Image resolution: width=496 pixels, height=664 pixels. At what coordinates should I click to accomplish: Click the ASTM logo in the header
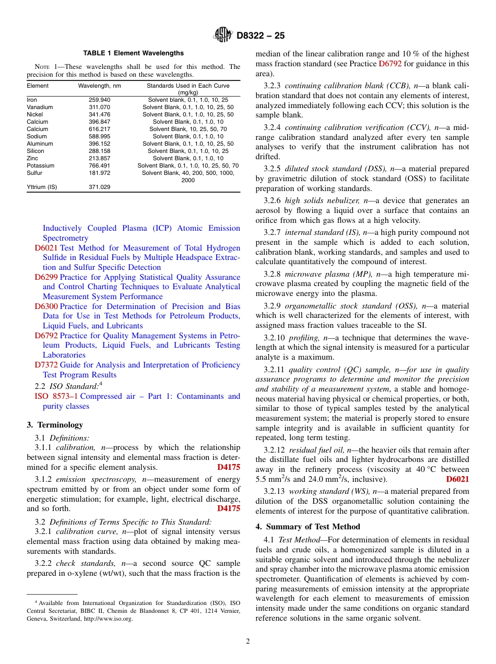click(x=223, y=35)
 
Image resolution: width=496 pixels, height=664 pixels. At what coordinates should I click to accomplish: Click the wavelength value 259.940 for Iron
click(x=99, y=100)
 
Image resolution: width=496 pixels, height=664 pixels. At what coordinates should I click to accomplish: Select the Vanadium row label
click(x=39, y=107)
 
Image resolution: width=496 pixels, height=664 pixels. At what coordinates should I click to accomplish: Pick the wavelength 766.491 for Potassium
click(x=99, y=165)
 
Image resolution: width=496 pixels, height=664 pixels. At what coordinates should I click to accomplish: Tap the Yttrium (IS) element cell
click(x=42, y=186)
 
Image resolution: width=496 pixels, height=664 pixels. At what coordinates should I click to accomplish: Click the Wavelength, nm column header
click(x=99, y=86)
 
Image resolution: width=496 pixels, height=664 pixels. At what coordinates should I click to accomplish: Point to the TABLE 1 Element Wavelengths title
click(x=134, y=53)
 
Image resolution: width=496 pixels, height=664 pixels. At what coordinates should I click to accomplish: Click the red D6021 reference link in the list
click(x=46, y=248)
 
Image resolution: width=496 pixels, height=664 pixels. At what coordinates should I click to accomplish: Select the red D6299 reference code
click(x=46, y=277)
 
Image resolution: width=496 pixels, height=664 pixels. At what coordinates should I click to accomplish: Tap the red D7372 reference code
click(x=46, y=365)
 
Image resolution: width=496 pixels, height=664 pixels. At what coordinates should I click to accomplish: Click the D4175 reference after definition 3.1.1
click(x=229, y=467)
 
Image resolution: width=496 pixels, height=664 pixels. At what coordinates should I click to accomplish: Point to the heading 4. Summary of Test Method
click(x=308, y=527)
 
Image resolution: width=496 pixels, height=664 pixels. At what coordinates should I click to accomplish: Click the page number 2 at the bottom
click(x=248, y=642)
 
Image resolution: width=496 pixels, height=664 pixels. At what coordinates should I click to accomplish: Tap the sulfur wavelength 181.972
click(x=99, y=173)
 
